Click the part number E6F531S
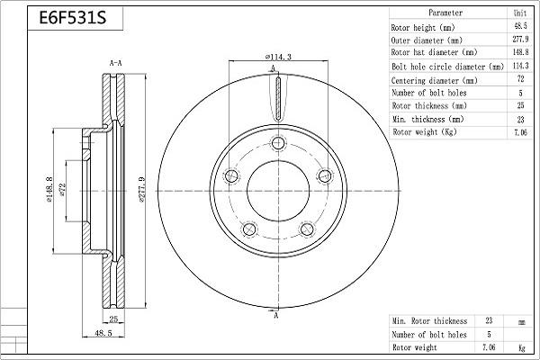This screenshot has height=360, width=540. pos(68,19)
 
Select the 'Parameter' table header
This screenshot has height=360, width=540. pos(445,13)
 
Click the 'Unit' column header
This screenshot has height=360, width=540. pos(520,13)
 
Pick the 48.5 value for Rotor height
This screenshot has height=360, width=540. pos(520,27)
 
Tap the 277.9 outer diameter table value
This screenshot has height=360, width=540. pos(520,40)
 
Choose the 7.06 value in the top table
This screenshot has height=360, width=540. pos(520,131)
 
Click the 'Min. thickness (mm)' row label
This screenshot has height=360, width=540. pos(428,119)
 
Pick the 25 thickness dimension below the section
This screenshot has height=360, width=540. pos(114,319)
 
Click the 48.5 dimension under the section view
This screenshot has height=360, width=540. pos(104,334)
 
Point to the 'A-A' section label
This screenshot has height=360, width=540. pos(115,63)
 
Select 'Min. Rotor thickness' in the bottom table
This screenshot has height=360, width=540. pos(430,321)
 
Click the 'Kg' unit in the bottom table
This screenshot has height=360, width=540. pos(520,347)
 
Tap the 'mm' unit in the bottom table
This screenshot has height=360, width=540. pos(520,321)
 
